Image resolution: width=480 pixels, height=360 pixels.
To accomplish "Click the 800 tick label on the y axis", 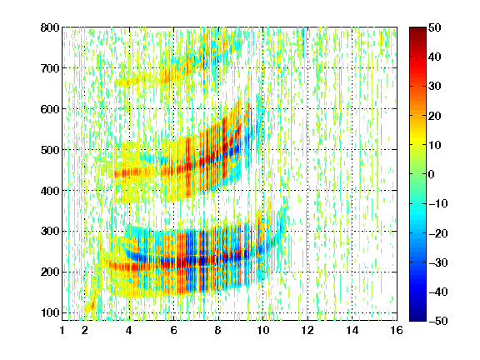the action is pos(50,27).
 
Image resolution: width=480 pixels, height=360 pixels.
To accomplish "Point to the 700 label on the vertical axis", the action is pos(50,68).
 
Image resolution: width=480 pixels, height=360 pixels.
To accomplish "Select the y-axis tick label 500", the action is pos(50,150).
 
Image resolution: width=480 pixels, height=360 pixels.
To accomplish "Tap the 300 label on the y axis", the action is pos(50,232).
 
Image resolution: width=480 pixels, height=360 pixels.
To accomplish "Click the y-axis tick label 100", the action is pos(50,312).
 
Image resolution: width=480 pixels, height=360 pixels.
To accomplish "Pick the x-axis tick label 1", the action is pos(62,330).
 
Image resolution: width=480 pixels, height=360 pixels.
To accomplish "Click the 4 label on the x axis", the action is pos(129,330).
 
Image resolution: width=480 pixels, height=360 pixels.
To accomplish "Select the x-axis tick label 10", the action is pos(262,330).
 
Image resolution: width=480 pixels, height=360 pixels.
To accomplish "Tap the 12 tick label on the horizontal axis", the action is pos(307,330).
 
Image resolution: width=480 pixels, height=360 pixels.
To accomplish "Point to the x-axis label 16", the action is pos(397,330).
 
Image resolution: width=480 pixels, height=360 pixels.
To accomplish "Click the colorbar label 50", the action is pos(435,27).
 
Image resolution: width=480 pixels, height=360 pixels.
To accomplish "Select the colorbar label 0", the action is pos(432,174).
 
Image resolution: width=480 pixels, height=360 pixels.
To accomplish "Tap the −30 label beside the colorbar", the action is pos(438,262).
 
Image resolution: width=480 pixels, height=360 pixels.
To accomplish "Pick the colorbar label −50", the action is pos(438,321).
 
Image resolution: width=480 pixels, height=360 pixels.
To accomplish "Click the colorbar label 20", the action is pos(435,116).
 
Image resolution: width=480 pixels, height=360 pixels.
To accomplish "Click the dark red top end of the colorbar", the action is pos(417,30).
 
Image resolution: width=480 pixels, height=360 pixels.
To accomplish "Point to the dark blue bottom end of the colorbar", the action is pos(417,318).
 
